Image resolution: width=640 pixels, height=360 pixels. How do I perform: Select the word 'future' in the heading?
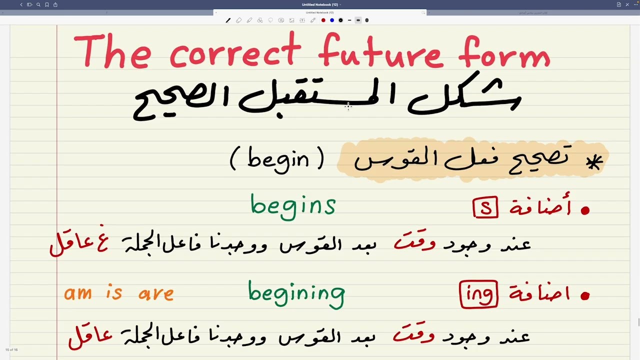click(x=380, y=51)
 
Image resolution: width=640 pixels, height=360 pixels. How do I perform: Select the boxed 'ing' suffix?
click(x=478, y=294)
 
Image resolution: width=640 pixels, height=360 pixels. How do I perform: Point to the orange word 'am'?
click(x=78, y=293)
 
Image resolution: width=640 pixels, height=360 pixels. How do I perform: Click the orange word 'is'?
click(x=114, y=292)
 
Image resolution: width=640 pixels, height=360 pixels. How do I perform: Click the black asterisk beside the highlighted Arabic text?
click(x=594, y=162)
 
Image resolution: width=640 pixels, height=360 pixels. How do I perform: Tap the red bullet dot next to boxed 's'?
click(x=585, y=210)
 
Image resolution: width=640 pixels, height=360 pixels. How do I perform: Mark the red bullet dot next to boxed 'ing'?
click(x=585, y=296)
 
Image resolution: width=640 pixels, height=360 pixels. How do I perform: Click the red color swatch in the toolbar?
click(x=323, y=20)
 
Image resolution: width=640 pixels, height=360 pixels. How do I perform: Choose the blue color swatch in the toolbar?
click(x=332, y=20)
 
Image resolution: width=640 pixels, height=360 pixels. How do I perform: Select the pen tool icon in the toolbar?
click(x=228, y=20)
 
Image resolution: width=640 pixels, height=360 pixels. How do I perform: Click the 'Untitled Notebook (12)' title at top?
click(x=320, y=4)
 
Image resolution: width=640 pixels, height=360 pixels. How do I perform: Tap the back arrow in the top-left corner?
click(x=21, y=4)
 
